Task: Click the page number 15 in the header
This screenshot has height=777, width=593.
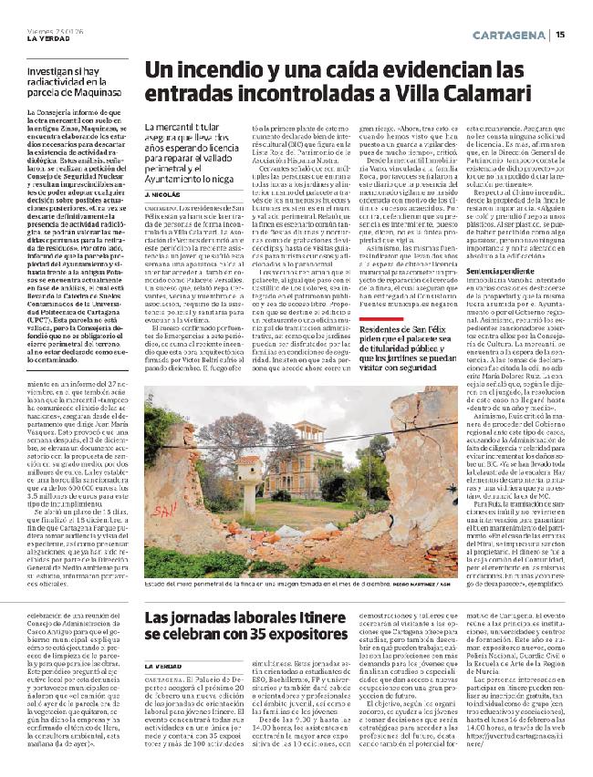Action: click(x=560, y=35)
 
